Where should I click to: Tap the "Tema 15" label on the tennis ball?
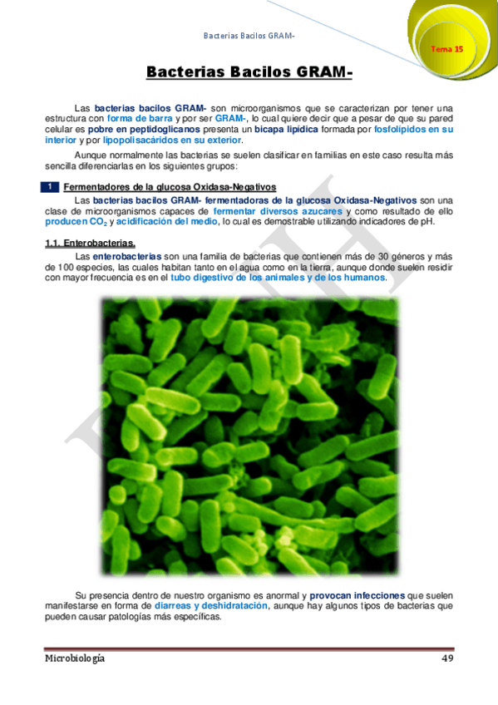(446, 50)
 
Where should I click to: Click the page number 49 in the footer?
(446, 658)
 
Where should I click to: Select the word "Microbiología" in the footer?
(75, 658)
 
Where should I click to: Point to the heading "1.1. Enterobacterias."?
(90, 243)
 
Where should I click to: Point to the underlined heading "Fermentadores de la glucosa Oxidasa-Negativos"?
(170, 187)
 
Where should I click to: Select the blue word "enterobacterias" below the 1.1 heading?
(128, 256)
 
